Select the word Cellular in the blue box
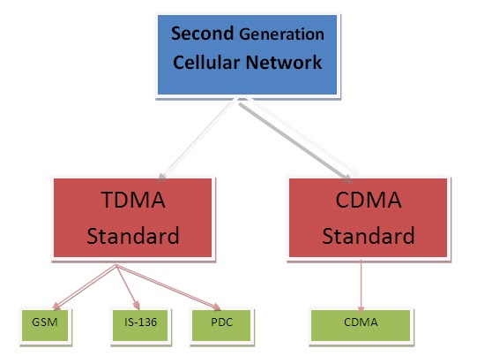(x=209, y=64)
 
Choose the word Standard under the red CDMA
(x=368, y=236)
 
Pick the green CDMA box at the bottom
(x=361, y=322)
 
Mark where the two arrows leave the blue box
(x=239, y=102)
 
